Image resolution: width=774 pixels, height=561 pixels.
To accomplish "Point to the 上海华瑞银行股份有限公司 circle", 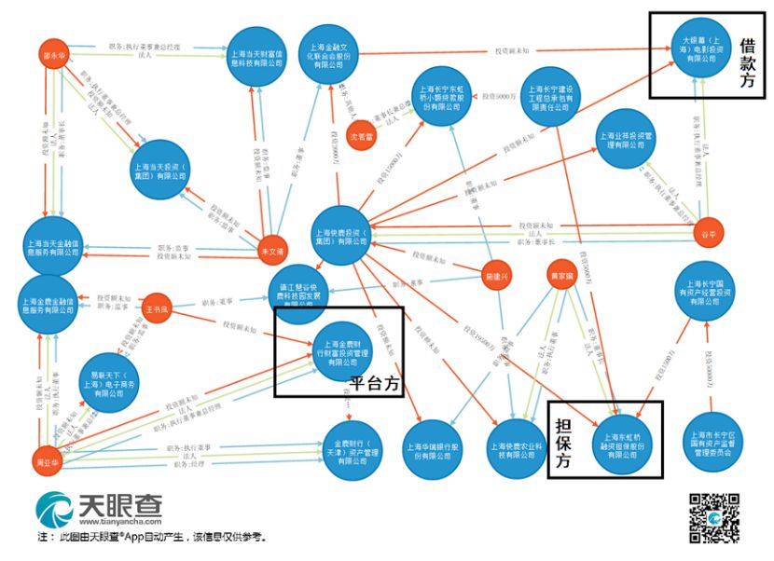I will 428,449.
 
